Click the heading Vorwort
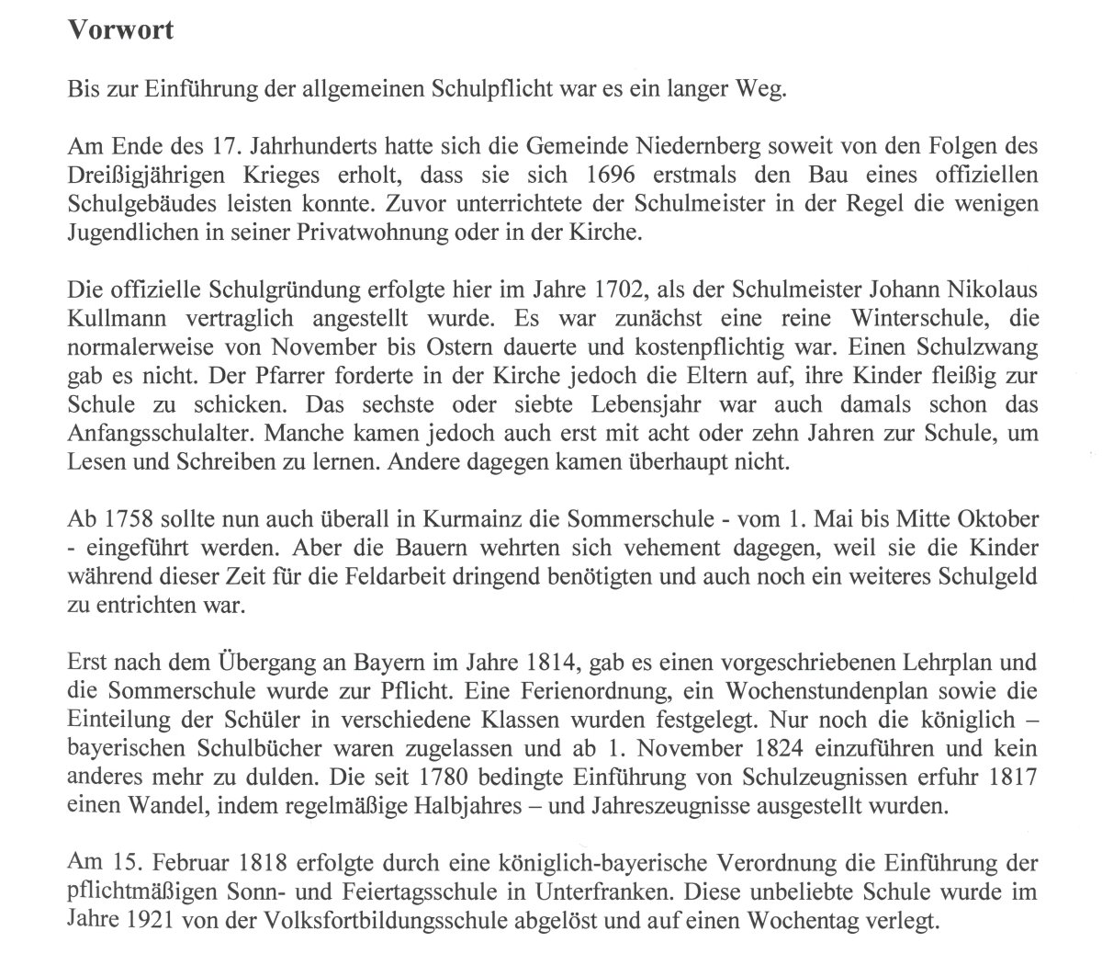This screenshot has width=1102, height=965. pos(121,30)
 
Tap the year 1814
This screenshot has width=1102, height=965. pos(554,662)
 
